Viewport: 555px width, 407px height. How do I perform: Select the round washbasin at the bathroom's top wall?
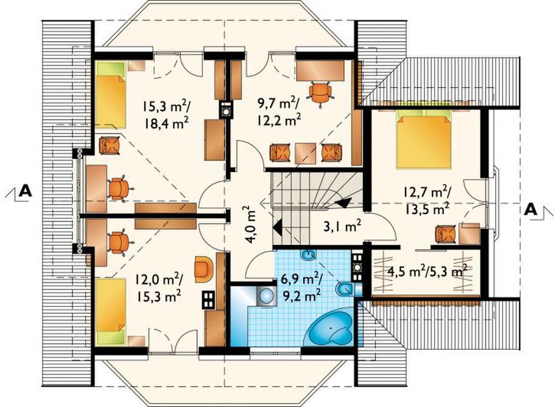(309, 255)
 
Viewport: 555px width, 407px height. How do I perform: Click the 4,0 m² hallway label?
(251, 225)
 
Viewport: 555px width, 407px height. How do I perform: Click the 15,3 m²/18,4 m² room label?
(165, 114)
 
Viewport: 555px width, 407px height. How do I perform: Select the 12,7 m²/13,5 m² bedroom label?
(426, 200)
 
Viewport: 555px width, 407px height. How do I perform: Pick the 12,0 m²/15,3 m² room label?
(158, 288)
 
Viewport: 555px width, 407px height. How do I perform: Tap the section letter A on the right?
(531, 210)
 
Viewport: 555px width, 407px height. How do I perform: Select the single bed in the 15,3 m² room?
(111, 95)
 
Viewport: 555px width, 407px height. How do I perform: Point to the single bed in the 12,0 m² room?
(111, 311)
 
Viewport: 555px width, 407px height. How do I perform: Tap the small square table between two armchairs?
(305, 153)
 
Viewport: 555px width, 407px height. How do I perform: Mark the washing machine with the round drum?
(266, 295)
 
